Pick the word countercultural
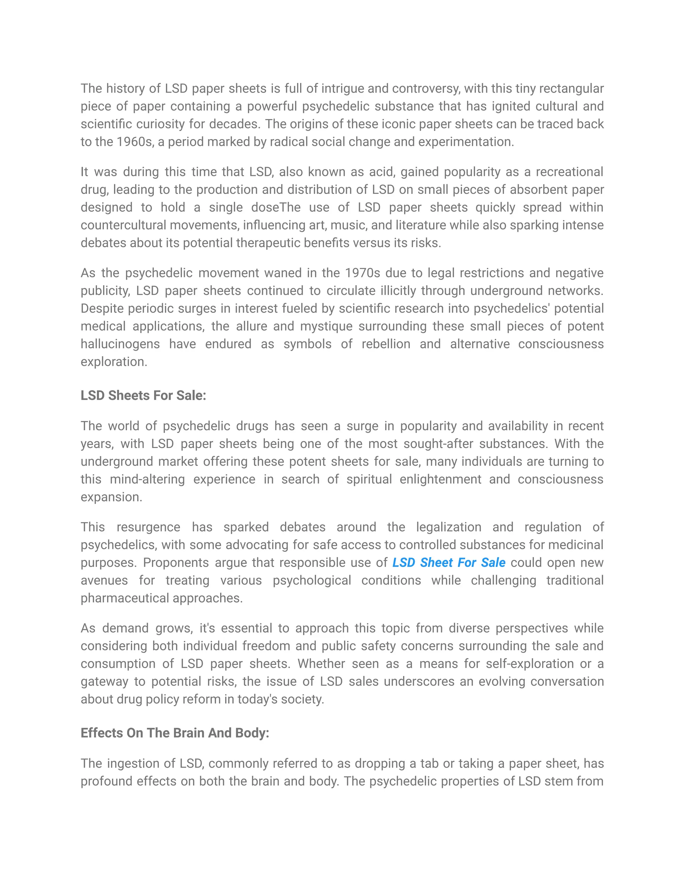[x=123, y=225]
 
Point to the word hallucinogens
[x=120, y=344]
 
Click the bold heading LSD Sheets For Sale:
[x=143, y=396]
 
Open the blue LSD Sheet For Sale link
[x=449, y=563]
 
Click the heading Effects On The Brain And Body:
[x=175, y=733]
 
